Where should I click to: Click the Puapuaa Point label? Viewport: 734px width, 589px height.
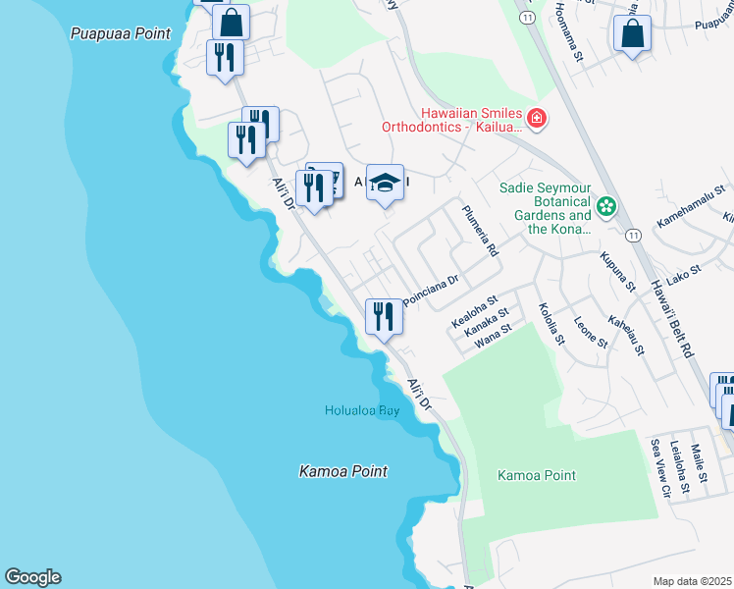coord(121,33)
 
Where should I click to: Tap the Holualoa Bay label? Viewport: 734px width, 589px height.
coord(362,410)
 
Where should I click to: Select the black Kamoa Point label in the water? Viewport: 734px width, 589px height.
coord(342,472)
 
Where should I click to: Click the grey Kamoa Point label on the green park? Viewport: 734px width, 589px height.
coord(537,476)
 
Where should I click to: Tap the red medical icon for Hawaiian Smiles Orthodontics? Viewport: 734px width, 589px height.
coord(537,120)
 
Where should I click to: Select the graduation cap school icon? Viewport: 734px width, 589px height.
coord(386,183)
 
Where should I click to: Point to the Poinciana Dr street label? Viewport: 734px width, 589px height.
coord(431,291)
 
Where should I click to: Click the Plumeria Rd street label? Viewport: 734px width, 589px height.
coord(481,232)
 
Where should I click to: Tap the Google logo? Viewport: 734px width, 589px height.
coord(32,577)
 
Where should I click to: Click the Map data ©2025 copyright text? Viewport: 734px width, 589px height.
coord(693,581)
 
